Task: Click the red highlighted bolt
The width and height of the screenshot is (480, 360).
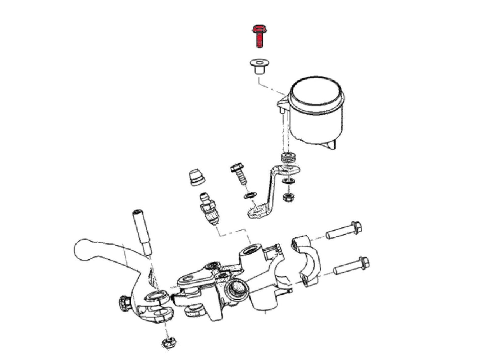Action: point(258,36)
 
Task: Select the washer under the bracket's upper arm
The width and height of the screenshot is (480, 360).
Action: point(287,181)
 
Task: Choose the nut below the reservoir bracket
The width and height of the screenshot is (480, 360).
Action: point(287,197)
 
